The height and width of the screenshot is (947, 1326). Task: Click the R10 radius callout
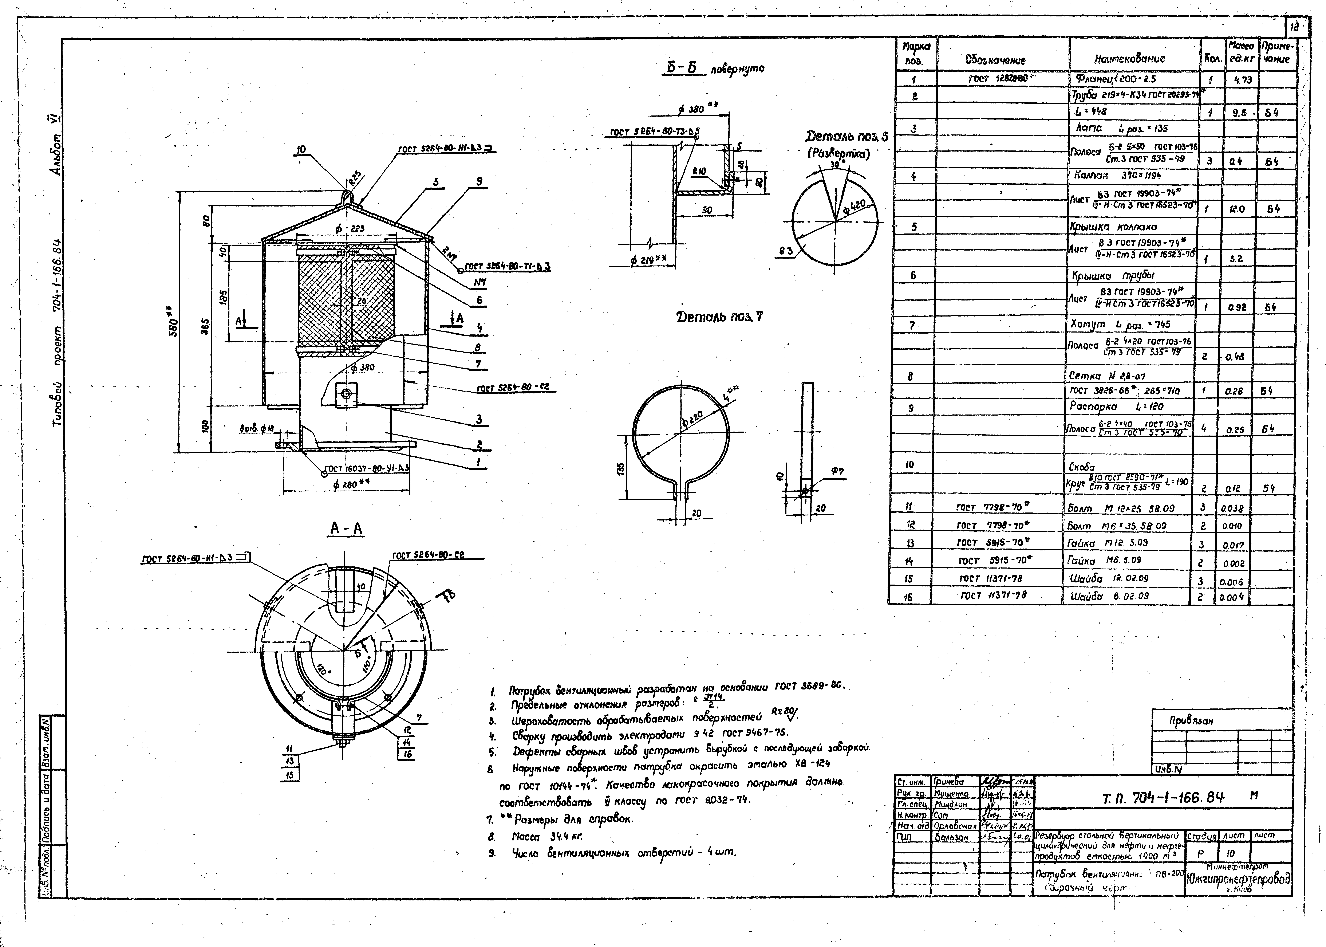pos(699,172)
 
